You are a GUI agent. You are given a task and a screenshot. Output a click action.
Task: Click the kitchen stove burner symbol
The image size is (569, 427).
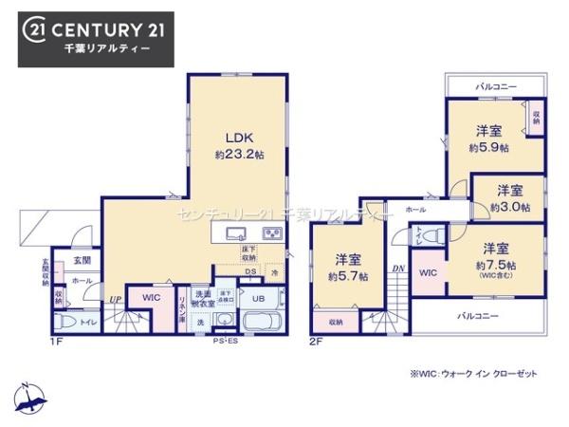[272, 233]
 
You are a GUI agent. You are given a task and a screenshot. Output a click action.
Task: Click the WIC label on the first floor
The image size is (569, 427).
[151, 298]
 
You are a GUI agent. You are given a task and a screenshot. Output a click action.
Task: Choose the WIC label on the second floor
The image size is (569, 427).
[427, 273]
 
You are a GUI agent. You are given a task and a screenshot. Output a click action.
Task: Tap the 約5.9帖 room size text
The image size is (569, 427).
[488, 148]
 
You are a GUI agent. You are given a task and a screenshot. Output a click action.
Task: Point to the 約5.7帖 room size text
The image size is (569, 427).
[347, 276]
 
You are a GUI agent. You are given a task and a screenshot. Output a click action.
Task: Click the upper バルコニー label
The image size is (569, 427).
[495, 86]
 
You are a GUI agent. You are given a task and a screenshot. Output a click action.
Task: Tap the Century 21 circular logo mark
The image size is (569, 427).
[34, 30]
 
